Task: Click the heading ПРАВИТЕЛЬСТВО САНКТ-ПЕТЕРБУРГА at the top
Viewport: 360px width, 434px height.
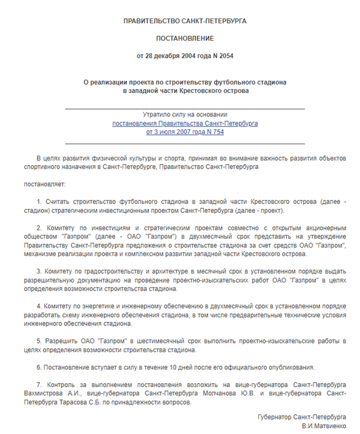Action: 185,21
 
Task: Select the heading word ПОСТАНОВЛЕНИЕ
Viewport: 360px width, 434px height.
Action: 185,38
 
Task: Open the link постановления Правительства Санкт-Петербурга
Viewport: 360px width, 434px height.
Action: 185,124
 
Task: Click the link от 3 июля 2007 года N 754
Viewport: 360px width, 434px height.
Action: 185,132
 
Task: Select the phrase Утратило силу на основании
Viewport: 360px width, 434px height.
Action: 185,115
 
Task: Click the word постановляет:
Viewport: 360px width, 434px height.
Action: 44,183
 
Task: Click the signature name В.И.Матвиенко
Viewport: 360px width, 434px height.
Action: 324,426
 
